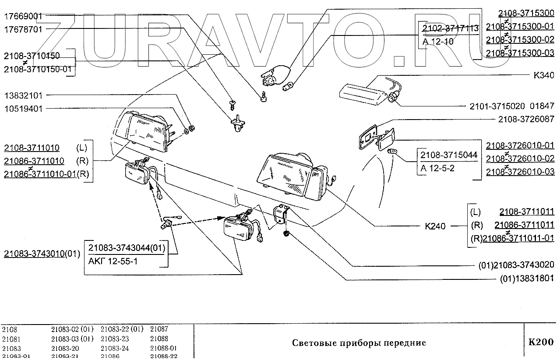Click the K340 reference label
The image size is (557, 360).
(x=543, y=75)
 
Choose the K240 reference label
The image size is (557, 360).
(x=435, y=226)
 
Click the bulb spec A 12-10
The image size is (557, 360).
(x=438, y=42)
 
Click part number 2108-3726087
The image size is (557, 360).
(x=526, y=119)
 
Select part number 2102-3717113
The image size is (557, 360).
(x=451, y=28)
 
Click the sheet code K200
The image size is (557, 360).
(x=541, y=342)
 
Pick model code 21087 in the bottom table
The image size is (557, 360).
(x=159, y=329)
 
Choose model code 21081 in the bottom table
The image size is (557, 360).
(x=11, y=339)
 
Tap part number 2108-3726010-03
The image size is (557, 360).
(x=520, y=171)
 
